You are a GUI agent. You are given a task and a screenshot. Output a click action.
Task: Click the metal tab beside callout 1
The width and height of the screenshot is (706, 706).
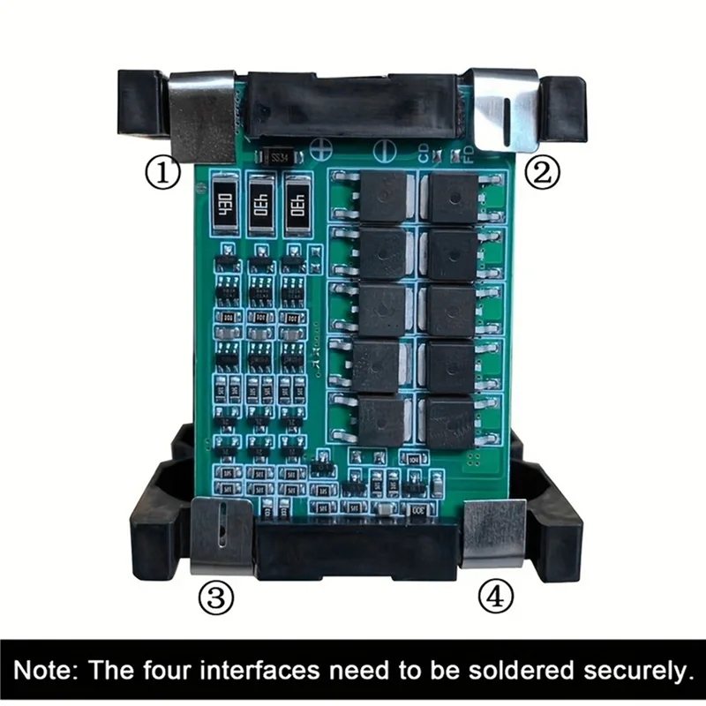[201, 114]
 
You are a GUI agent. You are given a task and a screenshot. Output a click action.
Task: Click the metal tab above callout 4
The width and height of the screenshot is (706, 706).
[494, 532]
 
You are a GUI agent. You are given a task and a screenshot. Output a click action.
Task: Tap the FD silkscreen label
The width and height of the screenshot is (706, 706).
[468, 155]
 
